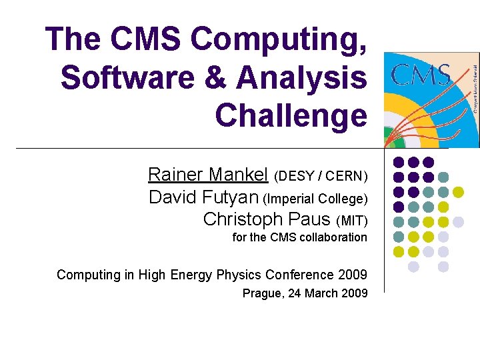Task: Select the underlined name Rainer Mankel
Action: point(208,175)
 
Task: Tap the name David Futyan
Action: point(204,197)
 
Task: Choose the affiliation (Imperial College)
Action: point(315,199)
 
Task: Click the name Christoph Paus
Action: point(267,219)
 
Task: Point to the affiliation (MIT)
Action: point(352,221)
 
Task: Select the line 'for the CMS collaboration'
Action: point(299,237)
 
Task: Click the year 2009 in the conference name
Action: point(353,275)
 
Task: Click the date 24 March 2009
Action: point(328,293)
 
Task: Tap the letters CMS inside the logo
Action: point(419,75)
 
